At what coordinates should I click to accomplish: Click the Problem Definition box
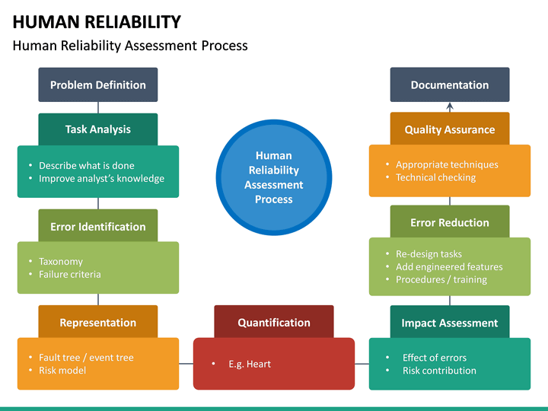(98, 84)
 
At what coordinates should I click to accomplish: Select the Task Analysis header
(98, 129)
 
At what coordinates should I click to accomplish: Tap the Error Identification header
(98, 226)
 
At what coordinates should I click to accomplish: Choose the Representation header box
(98, 322)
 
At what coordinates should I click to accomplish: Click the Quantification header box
(274, 322)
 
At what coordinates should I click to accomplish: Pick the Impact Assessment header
(450, 323)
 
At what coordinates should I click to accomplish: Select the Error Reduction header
(450, 222)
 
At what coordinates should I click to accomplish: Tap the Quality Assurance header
(450, 129)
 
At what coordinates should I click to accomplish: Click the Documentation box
(450, 84)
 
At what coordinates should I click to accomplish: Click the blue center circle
(274, 177)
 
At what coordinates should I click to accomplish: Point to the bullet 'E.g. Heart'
(250, 364)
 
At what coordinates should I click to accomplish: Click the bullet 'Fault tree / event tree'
(86, 358)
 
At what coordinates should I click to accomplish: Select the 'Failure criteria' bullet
(70, 274)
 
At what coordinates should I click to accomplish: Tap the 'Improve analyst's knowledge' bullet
(101, 179)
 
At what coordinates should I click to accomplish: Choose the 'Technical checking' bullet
(435, 177)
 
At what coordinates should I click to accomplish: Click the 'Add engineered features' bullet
(449, 267)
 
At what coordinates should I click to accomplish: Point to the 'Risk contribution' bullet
(439, 371)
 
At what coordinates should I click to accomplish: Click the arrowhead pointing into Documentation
(450, 106)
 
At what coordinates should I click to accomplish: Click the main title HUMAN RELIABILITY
(97, 22)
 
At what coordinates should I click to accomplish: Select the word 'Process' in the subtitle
(225, 46)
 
